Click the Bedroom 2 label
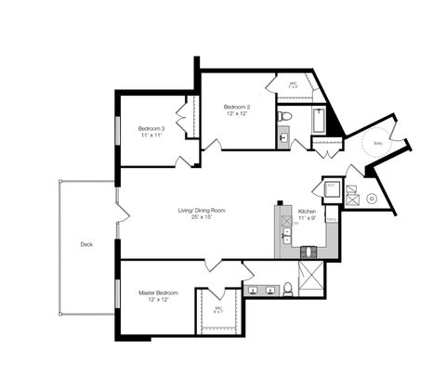click(237, 108)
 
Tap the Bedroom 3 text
click(151, 128)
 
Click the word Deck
click(86, 245)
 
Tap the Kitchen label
click(308, 211)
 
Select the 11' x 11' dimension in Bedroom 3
click(151, 136)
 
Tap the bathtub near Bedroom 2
click(320, 121)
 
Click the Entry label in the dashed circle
click(378, 144)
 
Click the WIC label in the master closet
click(219, 310)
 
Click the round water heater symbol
click(371, 199)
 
